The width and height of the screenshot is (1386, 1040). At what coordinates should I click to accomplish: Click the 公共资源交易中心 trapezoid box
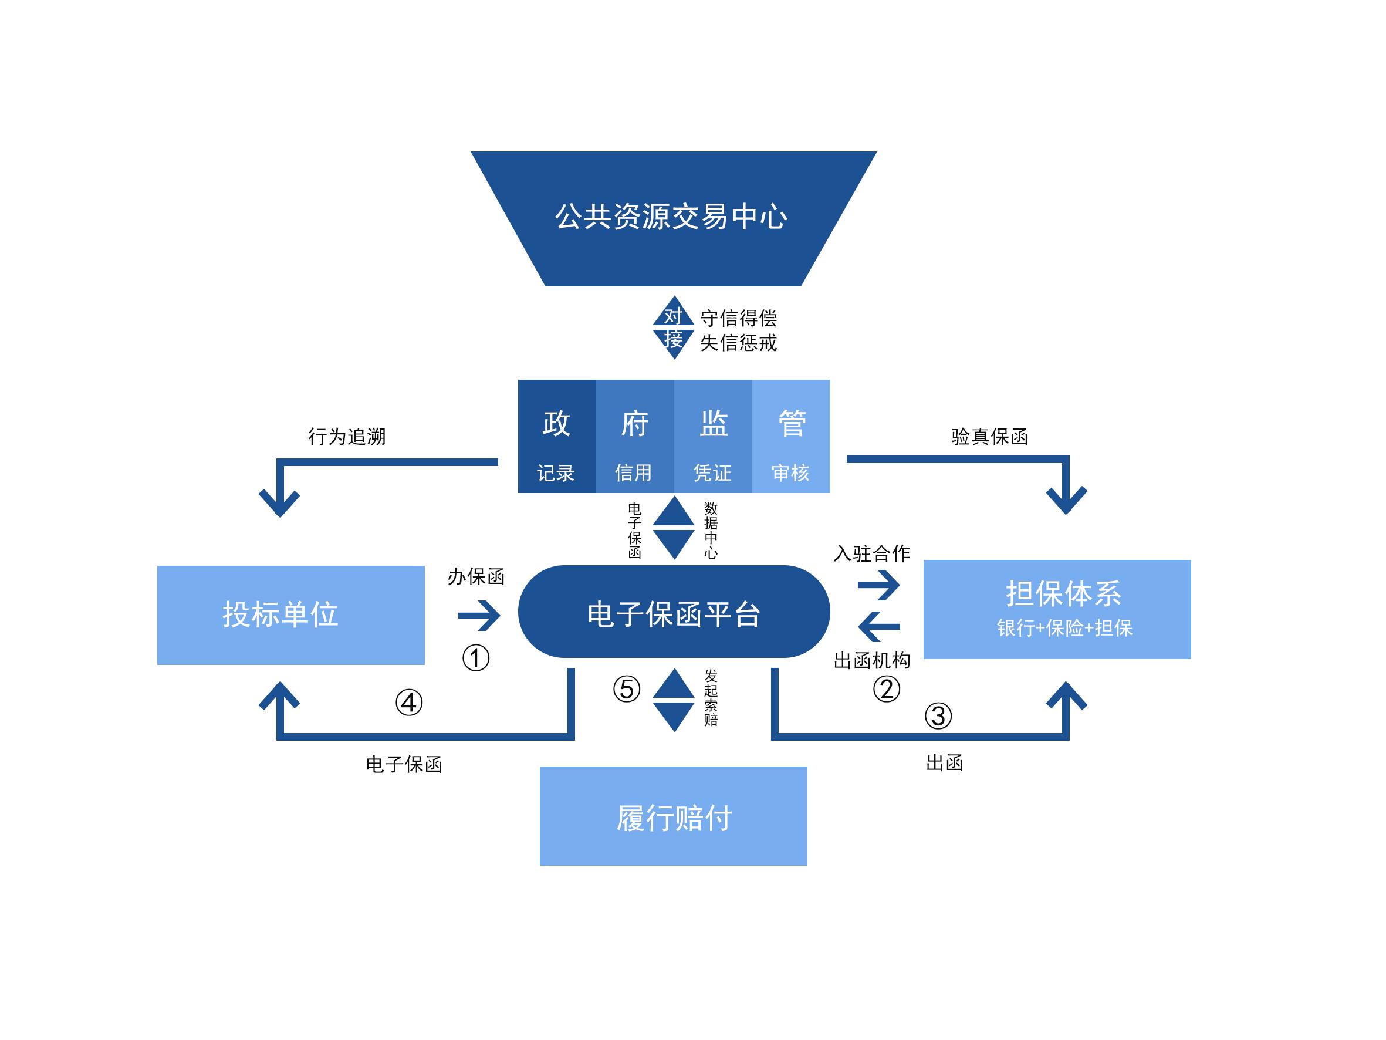point(673,218)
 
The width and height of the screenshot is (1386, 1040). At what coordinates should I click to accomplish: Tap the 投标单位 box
point(290,614)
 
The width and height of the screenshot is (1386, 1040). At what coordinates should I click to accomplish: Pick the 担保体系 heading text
point(1063,593)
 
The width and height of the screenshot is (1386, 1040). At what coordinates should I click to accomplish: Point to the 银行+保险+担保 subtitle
point(1064,628)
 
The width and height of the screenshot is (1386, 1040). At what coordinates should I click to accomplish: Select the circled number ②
point(886,689)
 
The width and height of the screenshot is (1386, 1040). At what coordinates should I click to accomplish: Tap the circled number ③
point(938,716)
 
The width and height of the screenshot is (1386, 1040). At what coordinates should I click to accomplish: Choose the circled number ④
point(408,703)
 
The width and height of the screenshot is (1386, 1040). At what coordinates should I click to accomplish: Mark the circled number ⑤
point(626,689)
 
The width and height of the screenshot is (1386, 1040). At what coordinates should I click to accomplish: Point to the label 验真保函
point(989,436)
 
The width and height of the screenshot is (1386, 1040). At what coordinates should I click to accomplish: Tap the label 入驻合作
point(871,553)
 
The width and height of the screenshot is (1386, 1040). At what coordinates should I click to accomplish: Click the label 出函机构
point(871,660)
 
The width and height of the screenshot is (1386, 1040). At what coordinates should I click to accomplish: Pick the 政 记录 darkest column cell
point(556,436)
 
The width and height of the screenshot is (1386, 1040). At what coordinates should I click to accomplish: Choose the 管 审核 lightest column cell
point(791,436)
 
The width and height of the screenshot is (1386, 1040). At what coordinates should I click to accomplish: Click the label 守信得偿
point(738,318)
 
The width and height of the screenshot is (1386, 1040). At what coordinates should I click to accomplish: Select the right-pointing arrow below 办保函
point(479,616)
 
